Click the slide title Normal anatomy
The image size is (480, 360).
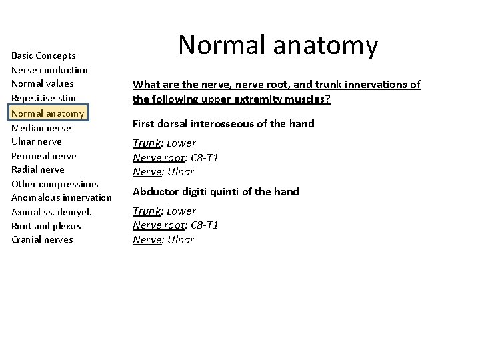(x=278, y=46)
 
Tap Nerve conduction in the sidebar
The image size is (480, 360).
(x=49, y=70)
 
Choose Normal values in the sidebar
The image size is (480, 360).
(x=43, y=84)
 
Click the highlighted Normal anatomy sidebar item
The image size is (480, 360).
(x=48, y=113)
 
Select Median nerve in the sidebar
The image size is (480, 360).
(x=41, y=127)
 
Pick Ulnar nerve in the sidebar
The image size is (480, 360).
(x=37, y=141)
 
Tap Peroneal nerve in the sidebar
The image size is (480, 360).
(x=44, y=156)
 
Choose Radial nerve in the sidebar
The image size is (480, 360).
(x=38, y=169)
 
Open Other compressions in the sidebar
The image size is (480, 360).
(x=55, y=184)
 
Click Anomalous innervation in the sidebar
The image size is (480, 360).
(x=61, y=198)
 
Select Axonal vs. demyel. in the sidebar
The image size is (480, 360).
(x=51, y=212)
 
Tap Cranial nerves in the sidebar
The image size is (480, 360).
(x=42, y=240)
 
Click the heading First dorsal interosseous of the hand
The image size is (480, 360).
(x=223, y=124)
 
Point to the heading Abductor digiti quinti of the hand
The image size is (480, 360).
(x=216, y=192)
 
